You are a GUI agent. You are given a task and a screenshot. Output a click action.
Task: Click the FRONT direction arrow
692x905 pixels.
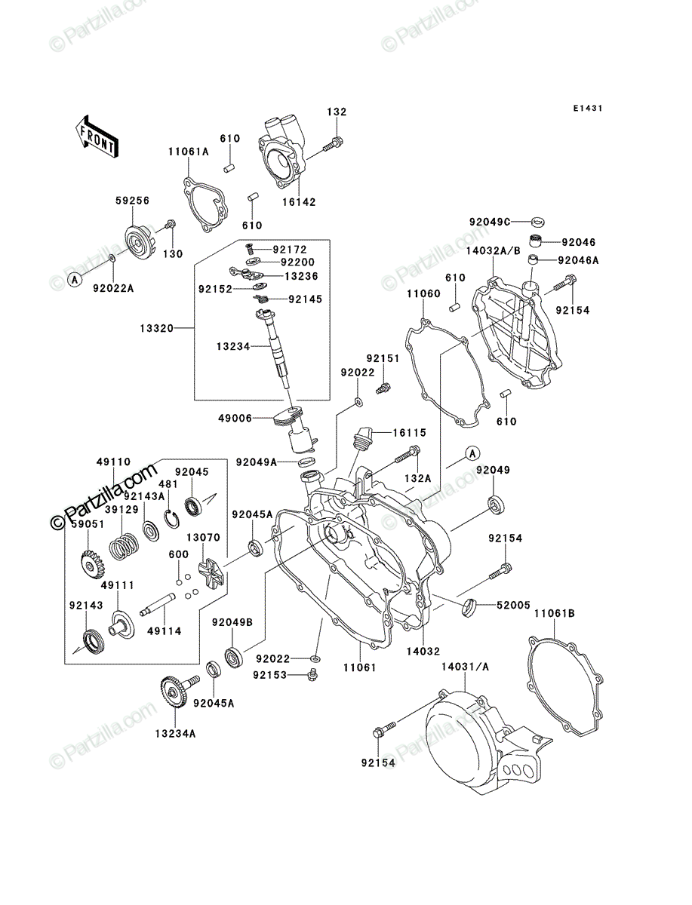[x=97, y=137]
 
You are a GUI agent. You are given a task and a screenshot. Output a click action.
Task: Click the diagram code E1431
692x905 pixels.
[x=587, y=108]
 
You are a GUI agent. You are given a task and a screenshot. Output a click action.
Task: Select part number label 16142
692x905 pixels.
[x=299, y=202]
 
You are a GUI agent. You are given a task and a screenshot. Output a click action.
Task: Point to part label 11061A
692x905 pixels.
[x=189, y=152]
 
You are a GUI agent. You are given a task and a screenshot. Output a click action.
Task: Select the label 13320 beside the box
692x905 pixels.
[x=157, y=329]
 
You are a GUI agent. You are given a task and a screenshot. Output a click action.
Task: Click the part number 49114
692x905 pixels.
[x=165, y=630]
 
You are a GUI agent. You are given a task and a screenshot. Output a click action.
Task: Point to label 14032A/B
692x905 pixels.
[x=494, y=250]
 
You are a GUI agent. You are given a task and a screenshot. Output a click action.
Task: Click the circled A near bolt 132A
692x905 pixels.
[x=472, y=453]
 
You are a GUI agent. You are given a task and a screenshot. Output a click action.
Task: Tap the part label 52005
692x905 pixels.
[x=513, y=605]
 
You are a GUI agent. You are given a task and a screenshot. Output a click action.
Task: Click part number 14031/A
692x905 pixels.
[x=465, y=667]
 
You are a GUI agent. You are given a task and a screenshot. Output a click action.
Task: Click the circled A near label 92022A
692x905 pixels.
[x=75, y=281]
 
